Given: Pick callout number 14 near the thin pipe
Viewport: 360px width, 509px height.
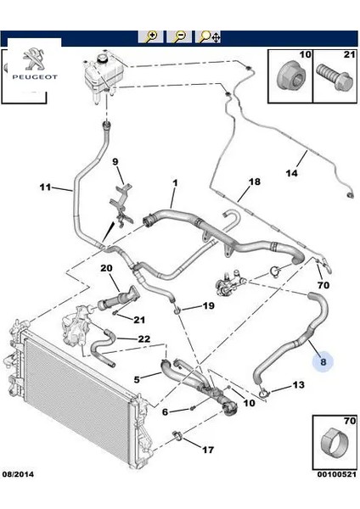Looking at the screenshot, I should tap(291, 175).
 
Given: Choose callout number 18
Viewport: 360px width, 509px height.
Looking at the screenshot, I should tap(254, 182).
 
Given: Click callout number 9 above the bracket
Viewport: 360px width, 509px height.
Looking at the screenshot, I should tap(117, 162).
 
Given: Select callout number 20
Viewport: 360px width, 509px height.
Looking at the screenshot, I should tap(106, 269).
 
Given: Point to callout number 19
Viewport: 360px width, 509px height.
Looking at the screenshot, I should tap(209, 305).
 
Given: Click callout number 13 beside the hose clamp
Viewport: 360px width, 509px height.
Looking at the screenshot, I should tap(297, 385).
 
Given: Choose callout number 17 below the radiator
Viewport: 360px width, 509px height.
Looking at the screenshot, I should tap(209, 450).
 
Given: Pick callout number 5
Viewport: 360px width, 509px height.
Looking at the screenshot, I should tap(135, 379).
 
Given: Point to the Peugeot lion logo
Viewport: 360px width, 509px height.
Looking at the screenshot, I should tap(31, 58).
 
